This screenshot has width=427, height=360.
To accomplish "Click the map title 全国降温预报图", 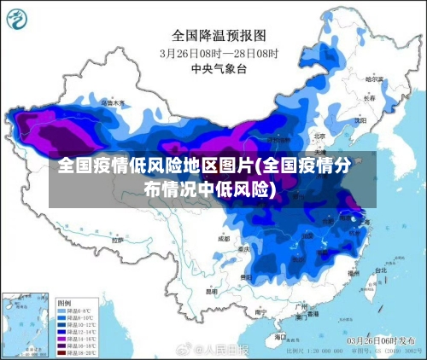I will click(213, 35).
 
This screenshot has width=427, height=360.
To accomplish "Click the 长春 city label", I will click(369, 98).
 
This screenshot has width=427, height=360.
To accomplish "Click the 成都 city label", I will click(224, 239).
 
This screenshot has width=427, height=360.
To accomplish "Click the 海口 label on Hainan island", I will click(281, 336).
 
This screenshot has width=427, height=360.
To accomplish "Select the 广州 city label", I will click(300, 305).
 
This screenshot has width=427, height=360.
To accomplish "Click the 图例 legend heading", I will click(64, 303).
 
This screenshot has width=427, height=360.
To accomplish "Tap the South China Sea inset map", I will click(26, 324).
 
